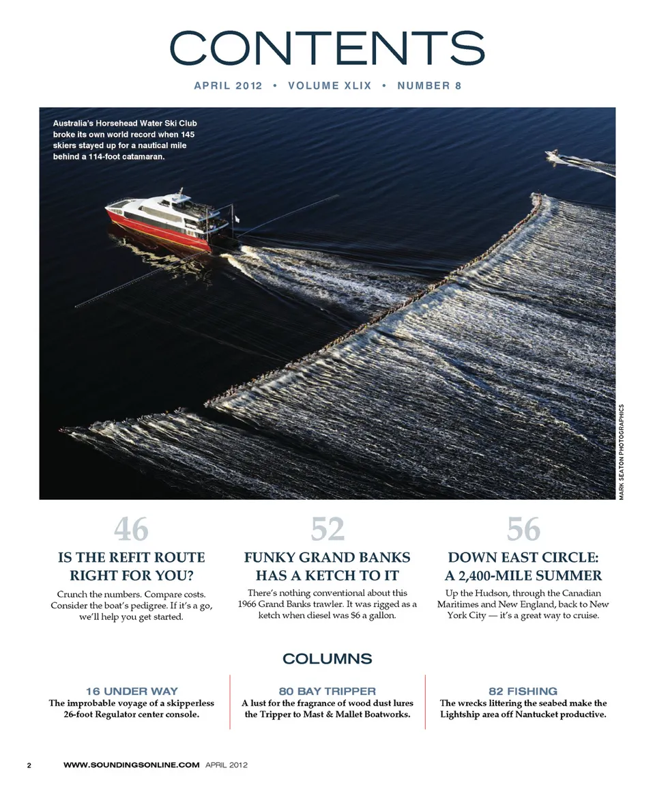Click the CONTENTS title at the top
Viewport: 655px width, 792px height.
coord(327,47)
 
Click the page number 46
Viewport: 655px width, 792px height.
coord(131,529)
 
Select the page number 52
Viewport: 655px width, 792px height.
coord(327,529)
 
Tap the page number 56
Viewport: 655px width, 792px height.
coord(523,529)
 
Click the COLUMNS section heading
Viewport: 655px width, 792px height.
coord(327,659)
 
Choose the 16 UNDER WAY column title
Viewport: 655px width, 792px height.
coord(132,691)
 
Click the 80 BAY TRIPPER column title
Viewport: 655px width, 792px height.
coord(327,691)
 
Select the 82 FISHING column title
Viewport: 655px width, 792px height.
coord(523,691)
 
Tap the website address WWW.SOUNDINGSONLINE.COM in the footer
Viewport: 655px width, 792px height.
coord(131,765)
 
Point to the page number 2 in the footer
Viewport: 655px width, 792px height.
coord(29,765)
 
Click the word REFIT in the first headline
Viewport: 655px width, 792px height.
coord(121,558)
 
